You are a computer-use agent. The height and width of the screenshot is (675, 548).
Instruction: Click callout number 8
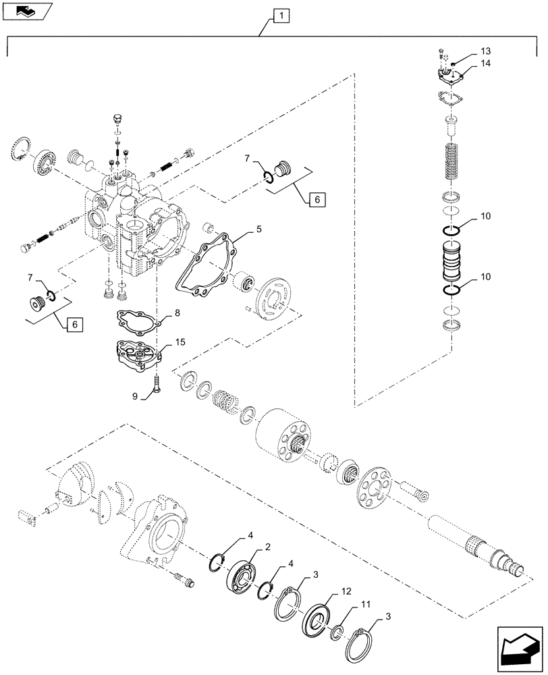177,313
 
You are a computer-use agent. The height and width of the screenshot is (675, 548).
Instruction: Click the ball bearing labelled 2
241,575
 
